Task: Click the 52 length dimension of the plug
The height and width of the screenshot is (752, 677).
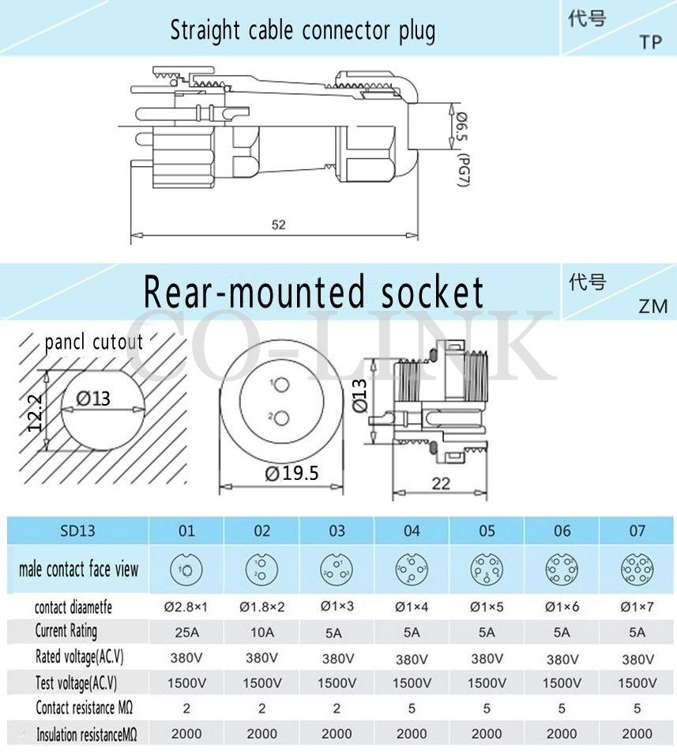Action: pos(278,225)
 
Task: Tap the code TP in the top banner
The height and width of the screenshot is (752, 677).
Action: pos(650,43)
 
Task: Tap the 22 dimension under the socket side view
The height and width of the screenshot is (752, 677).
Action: pos(441,484)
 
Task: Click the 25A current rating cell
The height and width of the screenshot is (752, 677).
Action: pos(186,632)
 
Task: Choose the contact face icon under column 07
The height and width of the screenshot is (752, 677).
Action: pos(637,568)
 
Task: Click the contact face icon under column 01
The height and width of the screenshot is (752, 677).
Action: pos(186,568)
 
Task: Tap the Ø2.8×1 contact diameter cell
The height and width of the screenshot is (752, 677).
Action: pos(186,607)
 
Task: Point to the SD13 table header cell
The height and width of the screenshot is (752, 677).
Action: pos(77,531)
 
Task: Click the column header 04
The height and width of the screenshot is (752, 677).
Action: pos(412,531)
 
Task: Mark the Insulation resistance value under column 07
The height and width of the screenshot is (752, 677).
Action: pos(637,733)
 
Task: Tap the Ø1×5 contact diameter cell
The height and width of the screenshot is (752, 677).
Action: pos(487,607)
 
